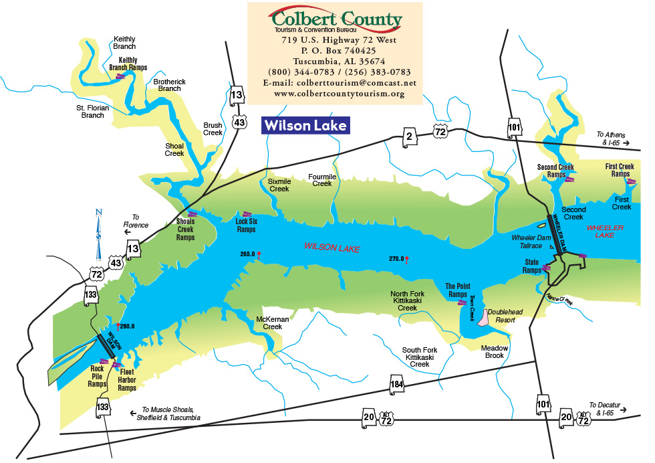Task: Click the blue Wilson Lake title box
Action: pos(305,126)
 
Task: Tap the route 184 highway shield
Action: pos(397,384)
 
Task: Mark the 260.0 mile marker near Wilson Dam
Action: pos(126,327)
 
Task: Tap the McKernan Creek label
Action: pos(273,323)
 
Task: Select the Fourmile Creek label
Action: pos(321,180)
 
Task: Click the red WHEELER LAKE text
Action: pos(605,231)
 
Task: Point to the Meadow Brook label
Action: pos(495,352)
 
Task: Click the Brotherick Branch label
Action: pos(170,85)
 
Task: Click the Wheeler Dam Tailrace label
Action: pos(531,242)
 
